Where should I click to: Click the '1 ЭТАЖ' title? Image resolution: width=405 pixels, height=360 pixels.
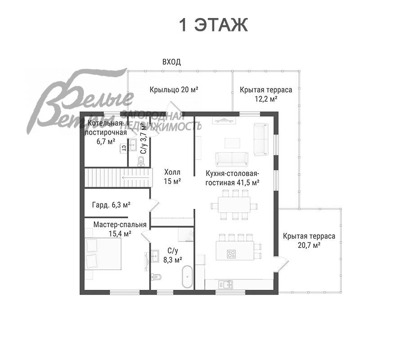[213, 25]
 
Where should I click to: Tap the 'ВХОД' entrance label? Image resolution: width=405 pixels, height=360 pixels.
[171, 62]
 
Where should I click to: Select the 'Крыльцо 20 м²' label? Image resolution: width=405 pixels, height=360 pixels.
[174, 90]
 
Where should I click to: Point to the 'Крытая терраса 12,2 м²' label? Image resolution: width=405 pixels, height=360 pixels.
[266, 94]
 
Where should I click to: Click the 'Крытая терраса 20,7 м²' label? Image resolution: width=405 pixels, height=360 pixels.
[309, 240]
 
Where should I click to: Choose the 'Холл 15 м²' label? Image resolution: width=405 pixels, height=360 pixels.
[172, 177]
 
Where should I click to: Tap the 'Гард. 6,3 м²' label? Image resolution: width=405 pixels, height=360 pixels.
[111, 205]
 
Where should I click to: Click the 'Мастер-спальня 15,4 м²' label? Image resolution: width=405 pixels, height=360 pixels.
[120, 229]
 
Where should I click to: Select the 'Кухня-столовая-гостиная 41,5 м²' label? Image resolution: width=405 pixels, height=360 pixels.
[232, 178]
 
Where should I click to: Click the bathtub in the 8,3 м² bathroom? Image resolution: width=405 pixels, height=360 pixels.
[187, 277]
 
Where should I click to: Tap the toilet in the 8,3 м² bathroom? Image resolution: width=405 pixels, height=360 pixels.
[156, 277]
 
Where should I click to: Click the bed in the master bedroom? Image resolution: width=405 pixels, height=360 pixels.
[103, 254]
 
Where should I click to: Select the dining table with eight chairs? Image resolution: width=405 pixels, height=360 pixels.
[234, 205]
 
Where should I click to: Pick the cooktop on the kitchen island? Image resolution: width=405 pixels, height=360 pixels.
[231, 254]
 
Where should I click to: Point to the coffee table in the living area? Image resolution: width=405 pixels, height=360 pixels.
[232, 143]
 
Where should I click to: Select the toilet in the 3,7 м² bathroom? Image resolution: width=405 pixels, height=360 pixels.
[141, 161]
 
